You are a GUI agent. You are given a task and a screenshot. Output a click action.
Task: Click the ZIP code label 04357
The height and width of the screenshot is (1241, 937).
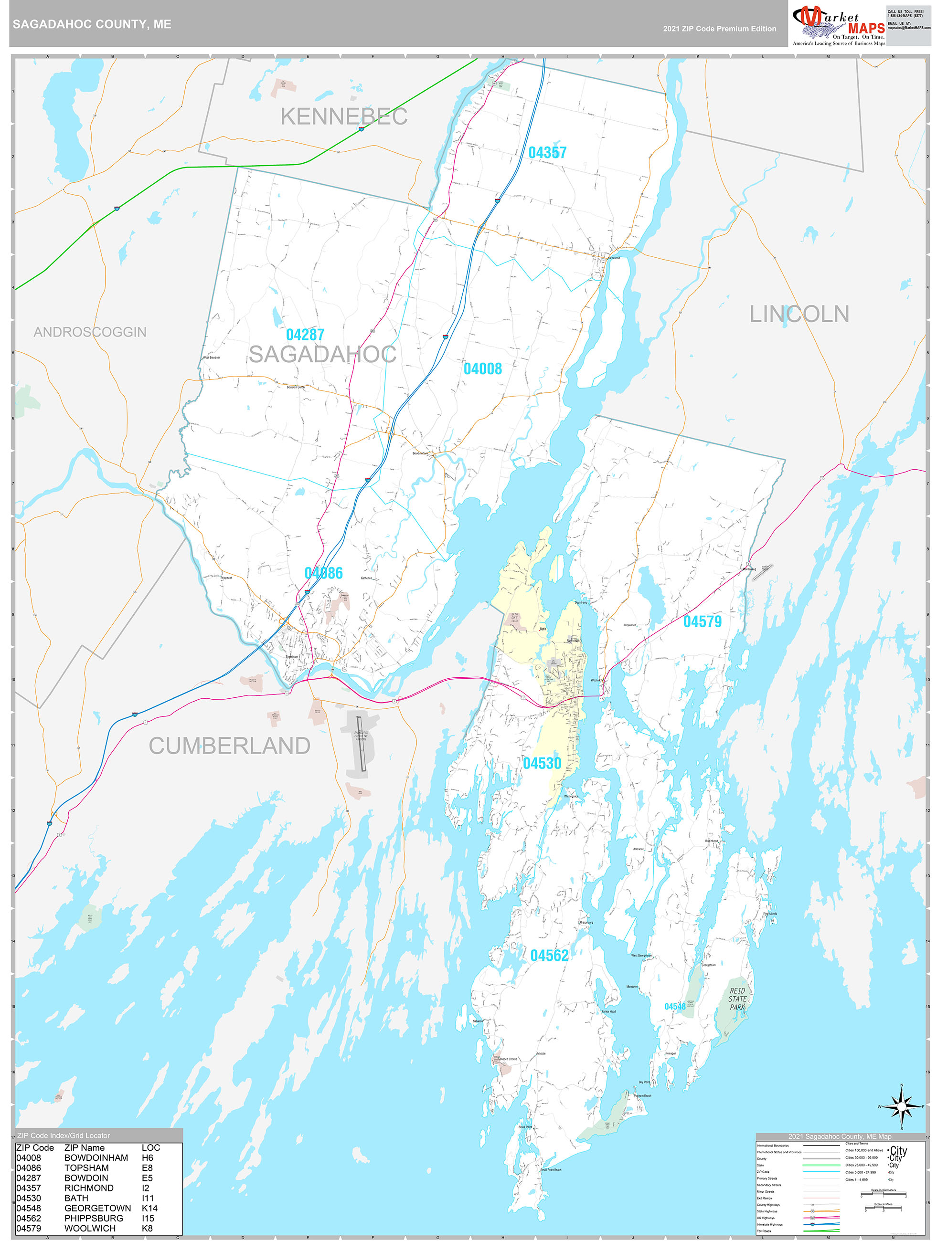(547, 153)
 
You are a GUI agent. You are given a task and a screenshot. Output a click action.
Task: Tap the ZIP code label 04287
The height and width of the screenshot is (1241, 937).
(305, 335)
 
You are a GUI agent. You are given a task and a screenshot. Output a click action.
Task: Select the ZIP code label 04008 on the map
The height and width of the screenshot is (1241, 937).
(482, 368)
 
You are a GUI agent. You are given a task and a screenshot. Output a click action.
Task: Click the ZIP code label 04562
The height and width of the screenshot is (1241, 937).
(549, 956)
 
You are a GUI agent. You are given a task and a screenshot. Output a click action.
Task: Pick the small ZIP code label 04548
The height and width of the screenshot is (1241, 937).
(675, 1007)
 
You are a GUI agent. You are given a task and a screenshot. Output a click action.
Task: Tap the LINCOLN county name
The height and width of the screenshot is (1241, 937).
(799, 314)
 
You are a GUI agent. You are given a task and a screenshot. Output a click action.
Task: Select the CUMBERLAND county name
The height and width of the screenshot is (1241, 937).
(229, 746)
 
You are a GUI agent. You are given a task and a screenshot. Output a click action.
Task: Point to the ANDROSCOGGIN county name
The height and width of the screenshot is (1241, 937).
(90, 332)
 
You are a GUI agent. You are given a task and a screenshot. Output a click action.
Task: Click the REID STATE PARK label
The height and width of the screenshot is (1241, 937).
(737, 999)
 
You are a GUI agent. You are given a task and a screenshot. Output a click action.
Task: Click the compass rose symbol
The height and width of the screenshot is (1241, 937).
(902, 1106)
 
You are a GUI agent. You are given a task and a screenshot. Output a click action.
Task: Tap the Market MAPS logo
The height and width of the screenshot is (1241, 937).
(838, 25)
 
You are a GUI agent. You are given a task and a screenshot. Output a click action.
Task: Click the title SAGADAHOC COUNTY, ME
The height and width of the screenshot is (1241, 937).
(92, 24)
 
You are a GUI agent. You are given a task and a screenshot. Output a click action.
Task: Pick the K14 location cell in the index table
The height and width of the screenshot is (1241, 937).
(149, 1208)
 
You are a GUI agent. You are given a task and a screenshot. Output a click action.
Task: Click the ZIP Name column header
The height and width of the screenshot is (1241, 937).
(84, 1148)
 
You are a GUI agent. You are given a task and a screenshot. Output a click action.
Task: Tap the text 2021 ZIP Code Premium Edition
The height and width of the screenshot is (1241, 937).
(719, 29)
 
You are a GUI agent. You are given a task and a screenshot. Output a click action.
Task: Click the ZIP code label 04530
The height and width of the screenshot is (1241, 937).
(542, 763)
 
